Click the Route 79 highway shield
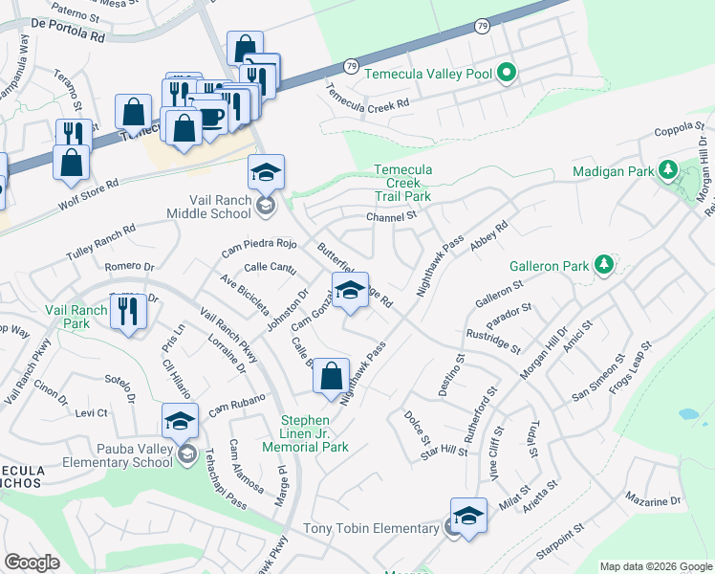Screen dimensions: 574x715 351,66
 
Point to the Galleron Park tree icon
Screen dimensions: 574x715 603,264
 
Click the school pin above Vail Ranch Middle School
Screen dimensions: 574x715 266,173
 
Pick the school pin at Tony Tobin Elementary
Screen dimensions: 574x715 468,516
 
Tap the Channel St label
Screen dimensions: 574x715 392,217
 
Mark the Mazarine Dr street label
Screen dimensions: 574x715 654,500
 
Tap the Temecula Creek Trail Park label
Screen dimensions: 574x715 402,183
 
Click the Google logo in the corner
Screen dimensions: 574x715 32,562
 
